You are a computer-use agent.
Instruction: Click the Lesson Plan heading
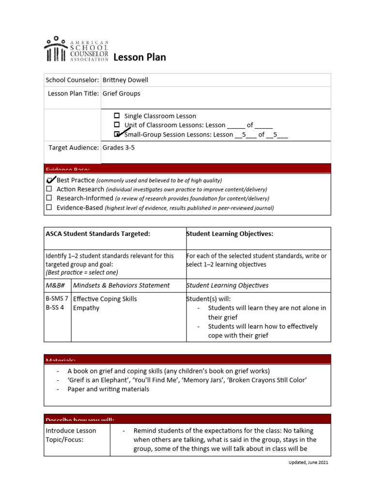(139, 58)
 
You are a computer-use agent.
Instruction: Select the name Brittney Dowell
(125, 80)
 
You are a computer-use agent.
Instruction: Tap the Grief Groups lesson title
(121, 93)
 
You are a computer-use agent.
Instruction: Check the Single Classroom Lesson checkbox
(117, 116)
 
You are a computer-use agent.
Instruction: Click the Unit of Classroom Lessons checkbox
(117, 125)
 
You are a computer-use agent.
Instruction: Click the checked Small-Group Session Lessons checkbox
(117, 134)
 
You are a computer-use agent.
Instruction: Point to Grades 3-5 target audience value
(118, 148)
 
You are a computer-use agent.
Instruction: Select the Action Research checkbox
(49, 189)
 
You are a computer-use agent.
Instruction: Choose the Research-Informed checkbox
(49, 198)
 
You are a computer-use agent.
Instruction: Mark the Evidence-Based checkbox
(49, 207)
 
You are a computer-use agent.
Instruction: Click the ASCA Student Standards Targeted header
(98, 234)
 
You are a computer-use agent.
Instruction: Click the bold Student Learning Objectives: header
(230, 234)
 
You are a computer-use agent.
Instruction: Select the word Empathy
(86, 308)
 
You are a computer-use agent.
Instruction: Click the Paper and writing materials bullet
(108, 389)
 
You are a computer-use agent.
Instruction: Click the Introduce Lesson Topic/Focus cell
(71, 435)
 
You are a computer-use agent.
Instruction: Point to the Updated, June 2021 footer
(305, 463)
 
